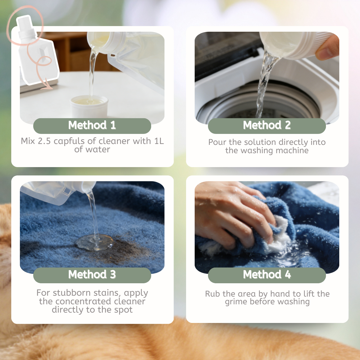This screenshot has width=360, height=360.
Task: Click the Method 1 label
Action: [x=92, y=125]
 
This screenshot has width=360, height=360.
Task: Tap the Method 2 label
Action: [x=267, y=125]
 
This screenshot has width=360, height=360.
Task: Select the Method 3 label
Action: [x=92, y=274]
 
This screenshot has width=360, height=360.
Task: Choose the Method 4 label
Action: [x=267, y=274]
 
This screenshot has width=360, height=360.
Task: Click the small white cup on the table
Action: [x=89, y=106]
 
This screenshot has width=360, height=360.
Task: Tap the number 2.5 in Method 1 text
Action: [x=44, y=141]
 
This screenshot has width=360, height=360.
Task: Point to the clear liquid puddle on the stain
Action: [x=95, y=242]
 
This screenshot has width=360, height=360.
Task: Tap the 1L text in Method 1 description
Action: [x=159, y=141]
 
